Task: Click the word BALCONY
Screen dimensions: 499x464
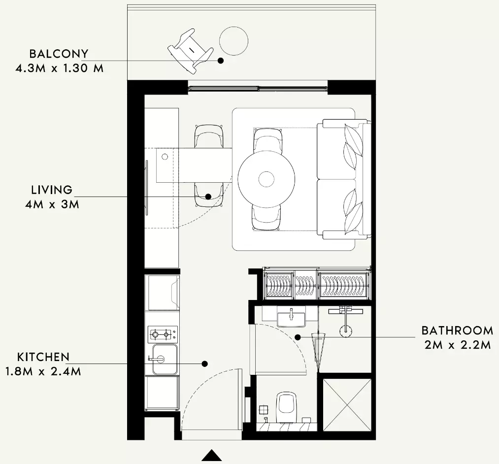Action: coord(59,54)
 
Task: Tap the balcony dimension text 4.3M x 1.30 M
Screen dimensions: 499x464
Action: coord(60,68)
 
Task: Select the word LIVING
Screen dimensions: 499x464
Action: coord(52,190)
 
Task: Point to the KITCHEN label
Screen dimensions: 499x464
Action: coord(43,357)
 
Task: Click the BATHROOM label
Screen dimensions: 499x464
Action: coord(457,331)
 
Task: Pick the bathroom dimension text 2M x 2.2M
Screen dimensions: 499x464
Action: coord(458,345)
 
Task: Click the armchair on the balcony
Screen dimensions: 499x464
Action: coord(190,51)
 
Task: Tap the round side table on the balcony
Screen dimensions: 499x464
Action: coord(233,41)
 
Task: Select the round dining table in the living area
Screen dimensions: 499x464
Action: coord(266,179)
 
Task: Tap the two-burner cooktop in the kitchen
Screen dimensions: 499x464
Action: coord(163,334)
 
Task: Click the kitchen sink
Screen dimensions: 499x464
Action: coord(165,359)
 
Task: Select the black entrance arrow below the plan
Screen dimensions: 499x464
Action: coord(212,455)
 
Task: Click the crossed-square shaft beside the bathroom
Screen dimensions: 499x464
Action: coord(347,404)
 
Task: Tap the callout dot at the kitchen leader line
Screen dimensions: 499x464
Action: coord(205,364)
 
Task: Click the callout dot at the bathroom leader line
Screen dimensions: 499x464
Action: coord(298,337)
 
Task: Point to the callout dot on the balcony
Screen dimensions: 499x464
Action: coord(221,61)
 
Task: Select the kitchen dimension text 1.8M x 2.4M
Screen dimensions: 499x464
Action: coord(43,371)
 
